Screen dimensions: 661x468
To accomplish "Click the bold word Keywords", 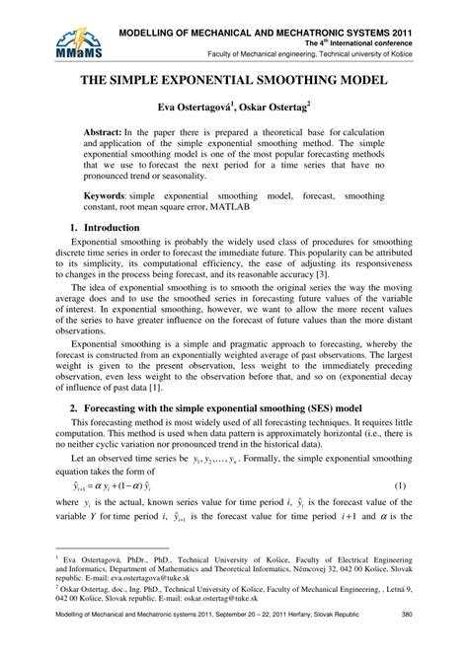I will pyautogui.click(x=108, y=197).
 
